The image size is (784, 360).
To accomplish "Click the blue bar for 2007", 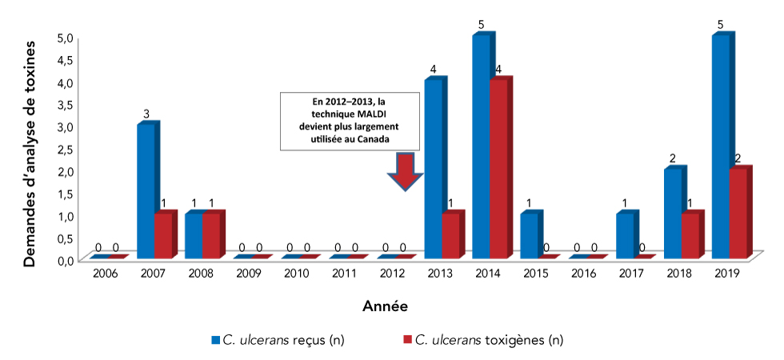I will point(146,192).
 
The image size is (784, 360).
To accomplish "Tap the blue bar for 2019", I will point(720,148).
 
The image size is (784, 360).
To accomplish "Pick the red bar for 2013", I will point(450,236).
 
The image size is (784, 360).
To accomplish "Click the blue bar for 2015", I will point(529,236).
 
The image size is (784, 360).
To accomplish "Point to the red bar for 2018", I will point(690,236).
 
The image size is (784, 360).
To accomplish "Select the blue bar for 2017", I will point(625,236).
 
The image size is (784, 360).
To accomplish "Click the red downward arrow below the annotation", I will point(406,171).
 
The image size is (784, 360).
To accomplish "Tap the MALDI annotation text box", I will point(349,121).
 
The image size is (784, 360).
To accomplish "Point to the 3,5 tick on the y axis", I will point(66,105).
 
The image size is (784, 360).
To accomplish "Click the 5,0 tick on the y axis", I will point(66,38).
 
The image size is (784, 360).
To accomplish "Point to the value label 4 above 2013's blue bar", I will point(433,70).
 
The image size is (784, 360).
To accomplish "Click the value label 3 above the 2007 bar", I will point(146,114).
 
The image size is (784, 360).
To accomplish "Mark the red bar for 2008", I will point(211,236).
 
